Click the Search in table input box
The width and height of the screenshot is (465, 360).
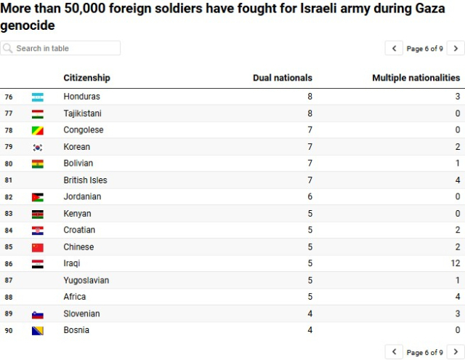[x=60, y=48]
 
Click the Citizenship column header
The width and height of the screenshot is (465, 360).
[x=86, y=78]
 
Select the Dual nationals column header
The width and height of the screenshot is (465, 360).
[x=282, y=78]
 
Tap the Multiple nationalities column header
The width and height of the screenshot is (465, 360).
[x=416, y=78]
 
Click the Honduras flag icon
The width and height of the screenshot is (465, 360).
[x=38, y=97]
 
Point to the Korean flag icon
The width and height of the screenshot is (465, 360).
[x=38, y=147]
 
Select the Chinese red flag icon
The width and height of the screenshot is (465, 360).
[x=38, y=247]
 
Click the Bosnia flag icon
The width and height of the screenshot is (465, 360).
[x=38, y=331]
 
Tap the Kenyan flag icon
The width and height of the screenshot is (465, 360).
[x=38, y=214]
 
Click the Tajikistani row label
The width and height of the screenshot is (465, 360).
[x=82, y=113]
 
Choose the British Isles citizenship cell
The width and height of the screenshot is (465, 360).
[x=85, y=180]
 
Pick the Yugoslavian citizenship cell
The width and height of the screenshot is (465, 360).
[x=86, y=280]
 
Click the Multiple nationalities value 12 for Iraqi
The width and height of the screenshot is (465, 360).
[x=456, y=263]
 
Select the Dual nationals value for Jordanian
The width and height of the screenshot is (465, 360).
[x=310, y=196]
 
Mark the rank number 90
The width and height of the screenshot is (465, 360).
[x=9, y=331]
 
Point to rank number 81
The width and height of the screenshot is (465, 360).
[x=9, y=180]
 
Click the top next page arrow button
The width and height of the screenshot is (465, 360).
[x=456, y=49]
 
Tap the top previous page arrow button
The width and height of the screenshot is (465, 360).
[x=394, y=49]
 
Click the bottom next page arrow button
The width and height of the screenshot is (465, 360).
[x=456, y=352]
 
